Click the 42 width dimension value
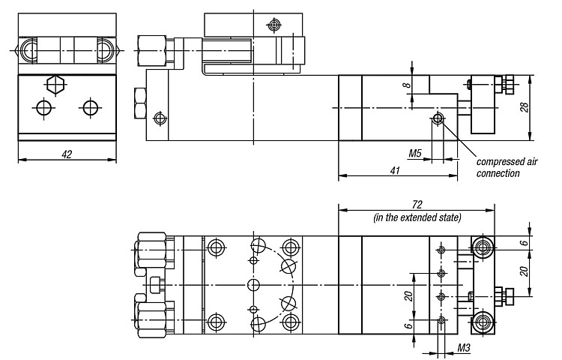click(67, 154)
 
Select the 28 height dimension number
click(525, 107)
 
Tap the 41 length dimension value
click(395, 170)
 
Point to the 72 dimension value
click(417, 205)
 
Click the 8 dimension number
click(406, 85)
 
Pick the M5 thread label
click(415, 154)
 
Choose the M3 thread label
click(463, 347)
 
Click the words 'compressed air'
click(507, 162)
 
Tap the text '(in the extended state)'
click(417, 217)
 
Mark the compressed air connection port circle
click(438, 118)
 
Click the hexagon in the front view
click(55, 85)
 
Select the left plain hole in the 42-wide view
click(44, 107)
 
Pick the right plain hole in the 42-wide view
click(91, 107)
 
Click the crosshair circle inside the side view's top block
click(274, 25)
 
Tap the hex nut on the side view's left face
click(140, 103)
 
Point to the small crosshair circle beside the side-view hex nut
click(160, 118)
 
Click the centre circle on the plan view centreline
click(253, 285)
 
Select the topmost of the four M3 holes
click(441, 250)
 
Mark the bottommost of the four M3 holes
click(441, 319)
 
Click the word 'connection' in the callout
click(498, 173)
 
